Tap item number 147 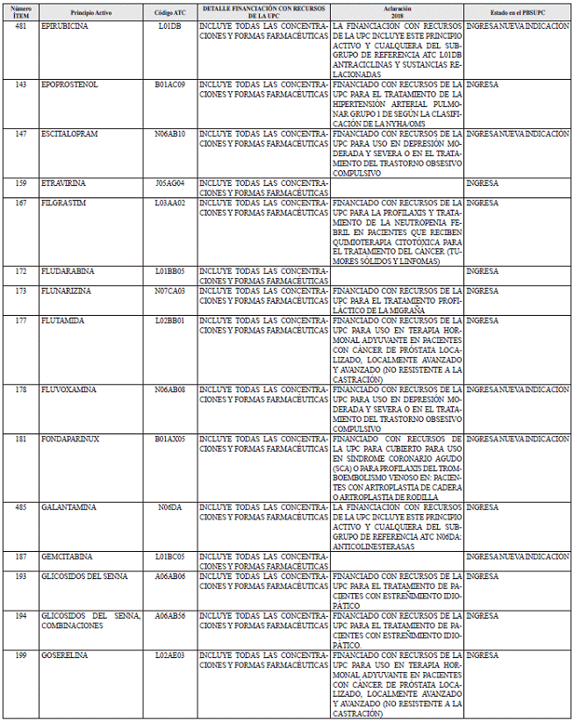pyautogui.click(x=21, y=133)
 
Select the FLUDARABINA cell pyautogui.click(x=66, y=271)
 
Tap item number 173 pyautogui.click(x=21, y=290)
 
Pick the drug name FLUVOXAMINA pyautogui.click(x=65, y=389)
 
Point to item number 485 pyautogui.click(x=21, y=507)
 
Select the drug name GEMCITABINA pyautogui.click(x=66, y=556)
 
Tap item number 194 pyautogui.click(x=21, y=615)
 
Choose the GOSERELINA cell pyautogui.click(x=64, y=655)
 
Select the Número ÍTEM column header pyautogui.click(x=21, y=11)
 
